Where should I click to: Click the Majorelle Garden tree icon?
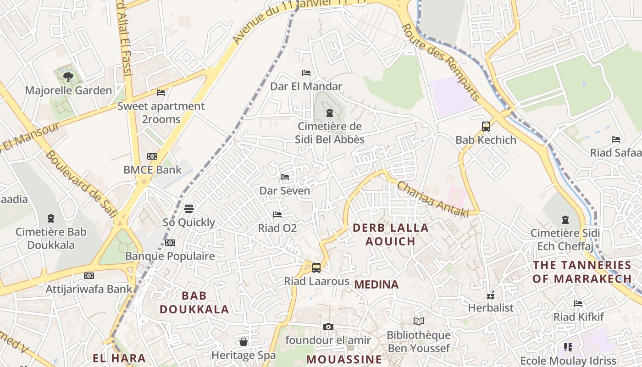click(x=68, y=77)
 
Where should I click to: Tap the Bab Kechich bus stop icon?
click(x=486, y=127)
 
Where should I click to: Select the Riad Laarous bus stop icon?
click(x=316, y=268)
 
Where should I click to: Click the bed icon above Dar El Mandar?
click(x=306, y=73)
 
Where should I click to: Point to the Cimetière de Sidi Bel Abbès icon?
click(x=329, y=113)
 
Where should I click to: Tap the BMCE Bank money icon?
click(x=152, y=156)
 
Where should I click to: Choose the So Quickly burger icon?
click(x=188, y=209)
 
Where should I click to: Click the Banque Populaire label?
click(x=170, y=256)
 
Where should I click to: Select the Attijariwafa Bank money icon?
click(x=89, y=276)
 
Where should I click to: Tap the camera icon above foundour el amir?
click(x=328, y=327)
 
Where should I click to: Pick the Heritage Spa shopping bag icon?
click(x=244, y=342)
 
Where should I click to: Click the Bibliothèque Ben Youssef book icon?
click(x=418, y=322)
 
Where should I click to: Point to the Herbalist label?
click(x=491, y=308)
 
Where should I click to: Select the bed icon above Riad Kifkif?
click(x=578, y=304)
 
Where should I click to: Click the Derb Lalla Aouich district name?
click(x=390, y=234)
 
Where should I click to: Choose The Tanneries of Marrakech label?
click(x=582, y=272)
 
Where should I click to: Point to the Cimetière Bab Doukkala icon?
click(x=50, y=218)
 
